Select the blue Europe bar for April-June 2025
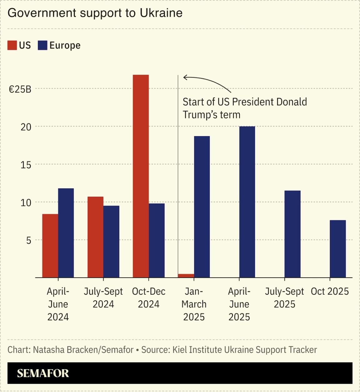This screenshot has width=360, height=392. point(247,202)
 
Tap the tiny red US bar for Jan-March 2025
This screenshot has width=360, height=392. point(186,276)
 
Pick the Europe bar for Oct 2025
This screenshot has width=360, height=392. point(337,249)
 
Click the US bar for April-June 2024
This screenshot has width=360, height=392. point(50,246)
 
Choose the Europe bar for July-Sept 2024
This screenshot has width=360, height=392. point(111,242)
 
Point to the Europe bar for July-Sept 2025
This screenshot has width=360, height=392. point(292,234)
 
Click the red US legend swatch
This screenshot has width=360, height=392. point(12,45)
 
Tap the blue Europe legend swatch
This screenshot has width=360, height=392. point(42,45)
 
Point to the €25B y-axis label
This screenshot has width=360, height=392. point(20,89)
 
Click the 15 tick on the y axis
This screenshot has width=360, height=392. point(26,165)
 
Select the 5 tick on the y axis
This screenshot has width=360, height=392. point(28,240)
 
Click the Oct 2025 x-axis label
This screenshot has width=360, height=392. point(330,291)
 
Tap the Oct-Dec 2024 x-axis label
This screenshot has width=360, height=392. point(148,298)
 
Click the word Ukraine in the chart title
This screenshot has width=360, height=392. point(161,13)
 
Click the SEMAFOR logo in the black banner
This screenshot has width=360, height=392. point(43,373)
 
